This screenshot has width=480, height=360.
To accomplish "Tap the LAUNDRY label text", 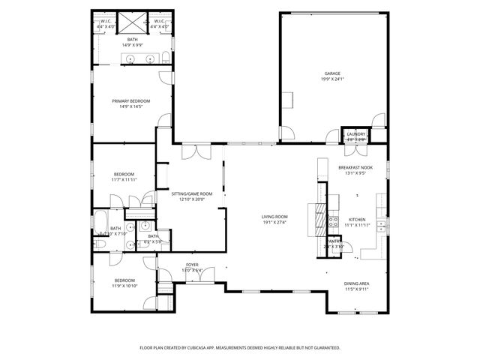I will pos(356,134).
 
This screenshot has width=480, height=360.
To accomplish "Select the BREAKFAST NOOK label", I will pos(356,167).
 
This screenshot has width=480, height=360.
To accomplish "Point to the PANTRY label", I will pos(334,241).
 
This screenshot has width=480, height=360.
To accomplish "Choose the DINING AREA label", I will pos(356,283).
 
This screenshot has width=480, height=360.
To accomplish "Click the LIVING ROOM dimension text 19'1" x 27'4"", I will pos(274,222).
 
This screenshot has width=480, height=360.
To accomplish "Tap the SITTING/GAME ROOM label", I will pos(192,194).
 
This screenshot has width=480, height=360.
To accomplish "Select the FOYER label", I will pos(193,265).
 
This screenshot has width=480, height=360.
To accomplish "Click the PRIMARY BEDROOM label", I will pos(131,101).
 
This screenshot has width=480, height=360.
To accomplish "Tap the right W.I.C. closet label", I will pos(160,22).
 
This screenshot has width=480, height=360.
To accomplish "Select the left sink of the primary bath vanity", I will pos(130,58).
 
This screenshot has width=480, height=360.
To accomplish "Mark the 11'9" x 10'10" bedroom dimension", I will pos(124,286).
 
